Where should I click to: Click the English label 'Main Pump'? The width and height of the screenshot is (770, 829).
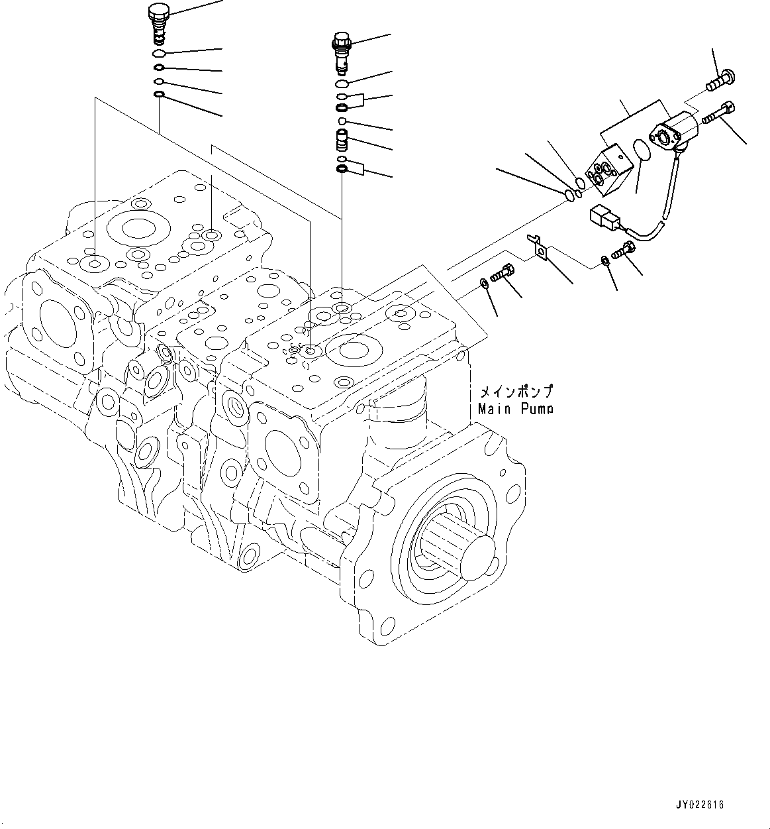(x=515, y=410)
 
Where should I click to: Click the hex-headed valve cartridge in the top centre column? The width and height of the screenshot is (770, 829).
(x=340, y=50)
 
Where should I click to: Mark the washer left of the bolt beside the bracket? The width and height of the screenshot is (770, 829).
(x=485, y=284)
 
